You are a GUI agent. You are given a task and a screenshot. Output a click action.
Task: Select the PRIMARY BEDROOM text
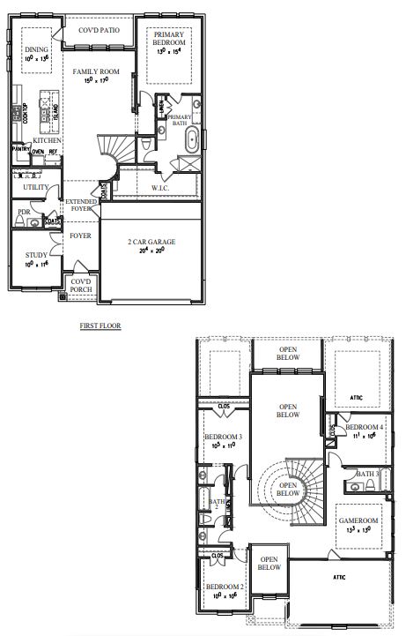(168, 39)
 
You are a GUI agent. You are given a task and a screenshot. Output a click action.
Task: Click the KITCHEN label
(46, 141)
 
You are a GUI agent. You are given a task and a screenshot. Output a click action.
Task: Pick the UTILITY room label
(36, 187)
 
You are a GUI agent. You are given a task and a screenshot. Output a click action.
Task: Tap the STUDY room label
(36, 255)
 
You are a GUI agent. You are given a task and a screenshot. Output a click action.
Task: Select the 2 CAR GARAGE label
(152, 242)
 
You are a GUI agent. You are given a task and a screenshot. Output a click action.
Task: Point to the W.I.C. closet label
(160, 188)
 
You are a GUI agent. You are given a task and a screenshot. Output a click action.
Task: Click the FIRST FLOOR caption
(99, 325)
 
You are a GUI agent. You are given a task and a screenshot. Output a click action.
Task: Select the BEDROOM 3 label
(222, 438)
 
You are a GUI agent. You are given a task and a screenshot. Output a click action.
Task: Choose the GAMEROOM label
(359, 521)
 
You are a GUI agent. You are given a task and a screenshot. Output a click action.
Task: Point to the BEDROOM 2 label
(224, 587)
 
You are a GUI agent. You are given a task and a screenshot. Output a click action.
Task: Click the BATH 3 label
(368, 474)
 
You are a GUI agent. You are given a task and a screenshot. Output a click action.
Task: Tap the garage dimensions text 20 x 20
(152, 251)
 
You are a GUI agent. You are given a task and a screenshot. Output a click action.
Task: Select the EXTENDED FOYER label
(82, 206)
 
